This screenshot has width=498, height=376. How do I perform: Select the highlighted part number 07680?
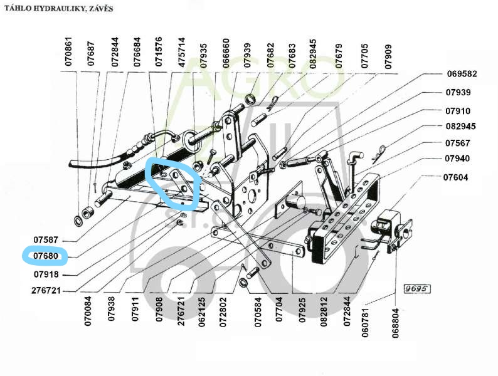[46, 256]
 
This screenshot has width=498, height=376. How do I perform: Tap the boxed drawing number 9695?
[415, 290]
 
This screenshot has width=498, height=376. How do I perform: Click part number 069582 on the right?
[462, 73]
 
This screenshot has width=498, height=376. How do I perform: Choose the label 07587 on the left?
[46, 240]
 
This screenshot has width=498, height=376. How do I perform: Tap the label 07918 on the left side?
[46, 274]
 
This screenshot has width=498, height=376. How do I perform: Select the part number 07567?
[458, 142]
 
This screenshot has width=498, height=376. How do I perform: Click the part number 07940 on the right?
[458, 159]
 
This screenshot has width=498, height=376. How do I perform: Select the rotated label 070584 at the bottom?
[257, 311]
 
